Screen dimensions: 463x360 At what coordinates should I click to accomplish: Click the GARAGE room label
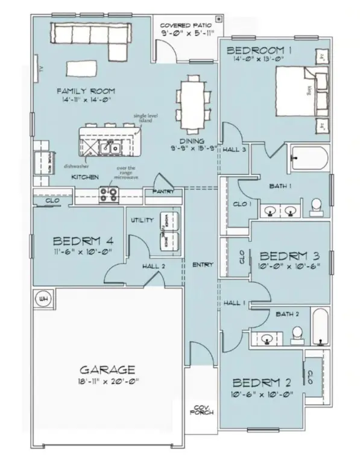(x=106, y=369)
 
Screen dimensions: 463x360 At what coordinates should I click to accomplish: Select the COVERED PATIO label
(x=185, y=26)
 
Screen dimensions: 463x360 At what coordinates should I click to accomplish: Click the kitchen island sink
(x=112, y=146)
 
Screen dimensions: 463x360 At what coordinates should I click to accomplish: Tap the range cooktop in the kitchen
(x=109, y=195)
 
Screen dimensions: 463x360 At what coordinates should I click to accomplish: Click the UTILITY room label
(x=142, y=221)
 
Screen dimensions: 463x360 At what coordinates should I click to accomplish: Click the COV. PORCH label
(x=199, y=411)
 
